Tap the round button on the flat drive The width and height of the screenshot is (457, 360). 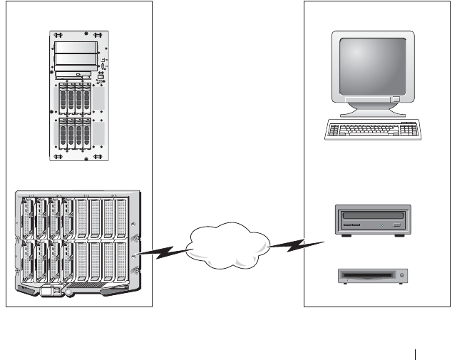coord(403,275)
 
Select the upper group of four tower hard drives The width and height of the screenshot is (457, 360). coord(76,97)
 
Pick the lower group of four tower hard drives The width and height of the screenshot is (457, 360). coord(76,133)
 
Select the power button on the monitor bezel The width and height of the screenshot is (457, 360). coord(395,92)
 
